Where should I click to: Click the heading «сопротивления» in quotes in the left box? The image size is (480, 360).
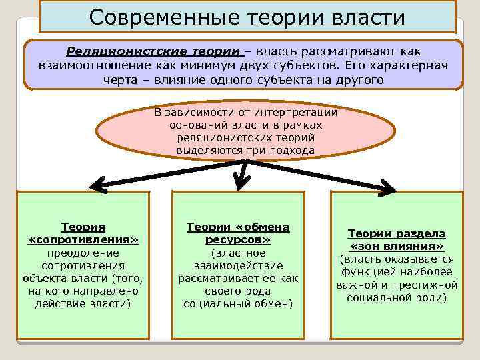83,239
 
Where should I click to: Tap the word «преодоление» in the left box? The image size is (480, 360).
83,253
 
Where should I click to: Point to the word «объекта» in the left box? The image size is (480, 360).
44,278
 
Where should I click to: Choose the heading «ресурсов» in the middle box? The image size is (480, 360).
238,239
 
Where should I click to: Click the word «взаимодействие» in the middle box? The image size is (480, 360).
238,265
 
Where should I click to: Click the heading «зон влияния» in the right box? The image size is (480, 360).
397,246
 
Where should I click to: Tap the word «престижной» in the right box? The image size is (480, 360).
429,285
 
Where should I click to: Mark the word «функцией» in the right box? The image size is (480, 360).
366,272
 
